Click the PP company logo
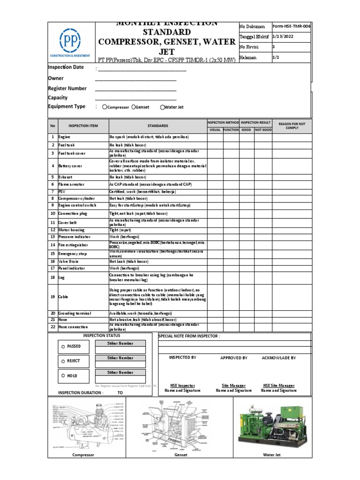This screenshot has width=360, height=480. tap(71, 42)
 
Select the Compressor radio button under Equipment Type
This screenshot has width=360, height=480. tap(104, 107)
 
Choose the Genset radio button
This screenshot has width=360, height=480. tap(134, 107)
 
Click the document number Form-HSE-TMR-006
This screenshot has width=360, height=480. tap(291, 27)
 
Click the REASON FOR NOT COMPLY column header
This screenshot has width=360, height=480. tap(292, 126)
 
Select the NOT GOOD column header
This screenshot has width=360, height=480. tap(263, 129)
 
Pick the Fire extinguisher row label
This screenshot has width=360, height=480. tap(73, 245)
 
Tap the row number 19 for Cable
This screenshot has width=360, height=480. tap(53, 297)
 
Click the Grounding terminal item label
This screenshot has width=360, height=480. tap(75, 313)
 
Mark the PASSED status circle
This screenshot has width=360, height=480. tap(63, 346)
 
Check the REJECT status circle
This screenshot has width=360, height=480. tap(63, 361)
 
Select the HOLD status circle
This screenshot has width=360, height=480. tap(63, 376)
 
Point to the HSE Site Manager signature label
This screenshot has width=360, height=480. tap(278, 385)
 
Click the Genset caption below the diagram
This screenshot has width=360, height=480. tap(180, 455)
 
